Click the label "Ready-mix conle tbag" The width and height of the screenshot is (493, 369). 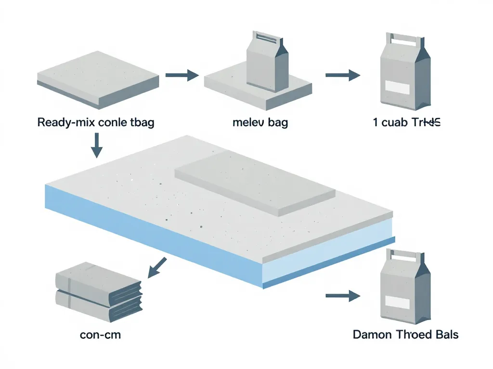tap(95, 123)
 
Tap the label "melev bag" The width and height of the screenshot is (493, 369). tap(260, 123)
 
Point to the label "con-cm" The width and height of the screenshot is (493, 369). tap(100, 334)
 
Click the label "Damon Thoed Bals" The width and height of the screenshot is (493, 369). tap(405, 334)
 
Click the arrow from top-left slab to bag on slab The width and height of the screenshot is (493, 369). tap(182, 75)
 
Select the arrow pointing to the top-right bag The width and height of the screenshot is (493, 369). tap(342, 75)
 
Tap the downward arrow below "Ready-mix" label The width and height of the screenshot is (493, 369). tap(97, 146)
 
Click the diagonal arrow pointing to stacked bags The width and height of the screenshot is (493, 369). tap(157, 267)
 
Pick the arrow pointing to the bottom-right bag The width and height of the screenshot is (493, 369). tap(342, 296)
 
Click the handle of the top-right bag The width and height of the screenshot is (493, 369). tap(403, 39)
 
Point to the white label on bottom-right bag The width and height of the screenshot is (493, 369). tap(397, 303)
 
